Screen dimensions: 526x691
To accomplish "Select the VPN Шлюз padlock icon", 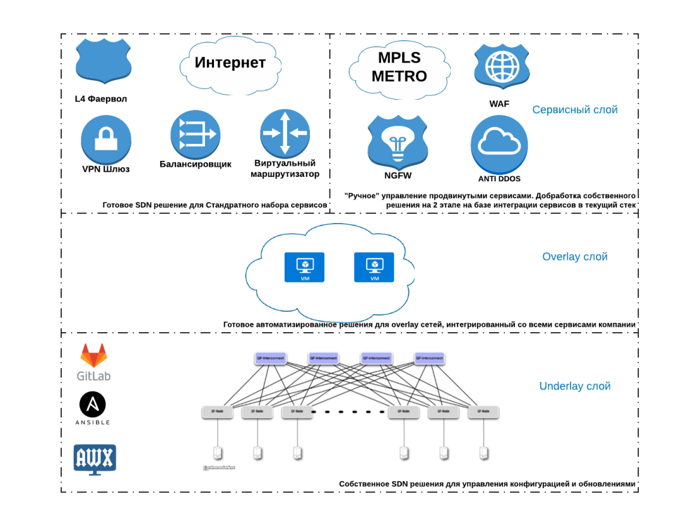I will [106, 140].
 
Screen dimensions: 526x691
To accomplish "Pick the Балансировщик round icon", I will [195, 134].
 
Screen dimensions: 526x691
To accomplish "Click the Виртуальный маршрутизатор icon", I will [285, 133].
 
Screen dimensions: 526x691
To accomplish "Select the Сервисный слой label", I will [574, 110].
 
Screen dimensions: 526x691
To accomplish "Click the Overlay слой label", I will [574, 257].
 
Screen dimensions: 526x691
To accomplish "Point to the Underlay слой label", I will [574, 386].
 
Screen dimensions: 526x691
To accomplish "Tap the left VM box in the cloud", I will [305, 267].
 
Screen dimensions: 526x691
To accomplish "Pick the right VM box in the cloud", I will [374, 267].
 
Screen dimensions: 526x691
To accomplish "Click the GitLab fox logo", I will [93, 356].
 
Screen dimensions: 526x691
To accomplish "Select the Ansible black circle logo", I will [93, 404].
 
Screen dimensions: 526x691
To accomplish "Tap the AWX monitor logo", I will [95, 458].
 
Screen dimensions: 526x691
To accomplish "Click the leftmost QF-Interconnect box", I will [270, 358].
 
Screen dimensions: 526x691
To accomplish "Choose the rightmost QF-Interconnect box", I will [429, 358].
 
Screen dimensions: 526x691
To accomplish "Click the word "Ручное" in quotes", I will [363, 196].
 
